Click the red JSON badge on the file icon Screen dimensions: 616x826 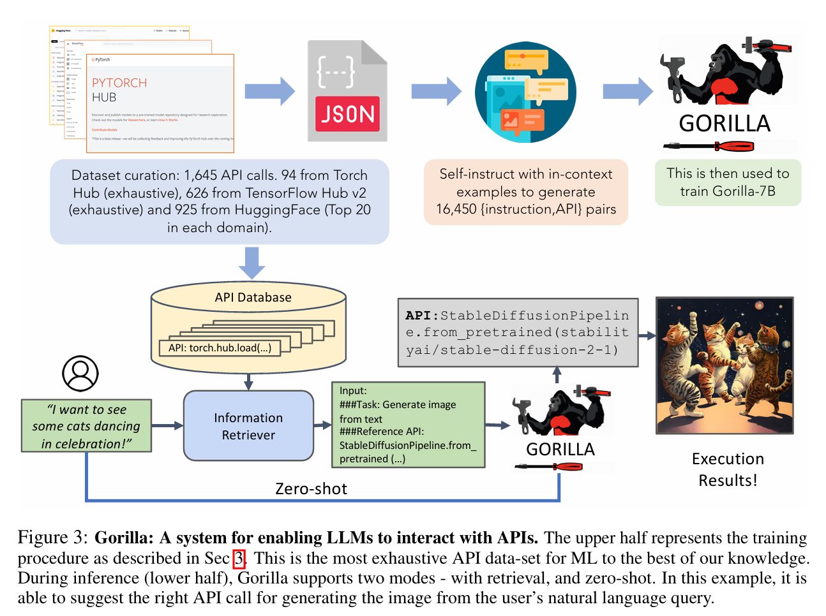tap(347, 114)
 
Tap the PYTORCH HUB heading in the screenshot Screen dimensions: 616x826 tap(119, 90)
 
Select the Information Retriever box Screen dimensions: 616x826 tap(248, 426)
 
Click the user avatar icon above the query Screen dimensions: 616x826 tap(80, 374)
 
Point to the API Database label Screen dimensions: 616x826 tap(253, 297)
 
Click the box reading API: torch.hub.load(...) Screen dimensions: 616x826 tap(220, 348)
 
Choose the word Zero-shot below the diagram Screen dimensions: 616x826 tap(311, 488)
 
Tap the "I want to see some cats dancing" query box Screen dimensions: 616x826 tap(86, 426)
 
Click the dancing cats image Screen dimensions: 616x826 tap(725, 365)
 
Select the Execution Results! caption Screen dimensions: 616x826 tap(728, 469)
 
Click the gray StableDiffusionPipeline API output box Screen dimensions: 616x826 tap(518, 332)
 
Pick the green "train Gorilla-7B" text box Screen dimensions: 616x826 tap(728, 182)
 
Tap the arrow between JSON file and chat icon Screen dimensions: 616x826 tap(435, 92)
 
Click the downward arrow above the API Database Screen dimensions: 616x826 tap(252, 262)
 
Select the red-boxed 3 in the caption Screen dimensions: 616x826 tap(239, 559)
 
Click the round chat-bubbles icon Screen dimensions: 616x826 tap(526, 92)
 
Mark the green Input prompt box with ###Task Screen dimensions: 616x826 tap(409, 425)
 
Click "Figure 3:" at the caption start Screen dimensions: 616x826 tap(52, 538)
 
